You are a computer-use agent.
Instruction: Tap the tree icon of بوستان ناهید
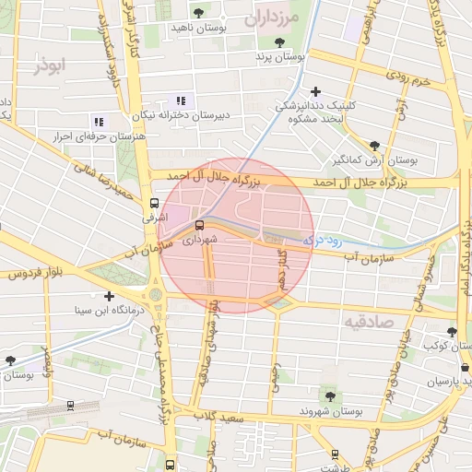pyautogui.click(x=199, y=12)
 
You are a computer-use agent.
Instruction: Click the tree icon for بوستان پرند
pyautogui.click(x=279, y=41)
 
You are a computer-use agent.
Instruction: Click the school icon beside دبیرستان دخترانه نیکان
pyautogui.click(x=181, y=100)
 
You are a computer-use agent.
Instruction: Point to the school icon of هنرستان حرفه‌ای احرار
pyautogui.click(x=98, y=121)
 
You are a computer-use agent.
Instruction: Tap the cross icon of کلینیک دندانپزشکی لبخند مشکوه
pyautogui.click(x=315, y=90)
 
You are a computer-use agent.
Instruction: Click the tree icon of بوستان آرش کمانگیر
pyautogui.click(x=373, y=145)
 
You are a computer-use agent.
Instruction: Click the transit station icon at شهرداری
pyautogui.click(x=200, y=224)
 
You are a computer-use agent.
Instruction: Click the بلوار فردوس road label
pyautogui.click(x=38, y=274)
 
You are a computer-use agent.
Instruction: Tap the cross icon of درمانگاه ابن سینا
pyautogui.click(x=110, y=296)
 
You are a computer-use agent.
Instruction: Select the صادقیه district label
pyautogui.click(x=368, y=322)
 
